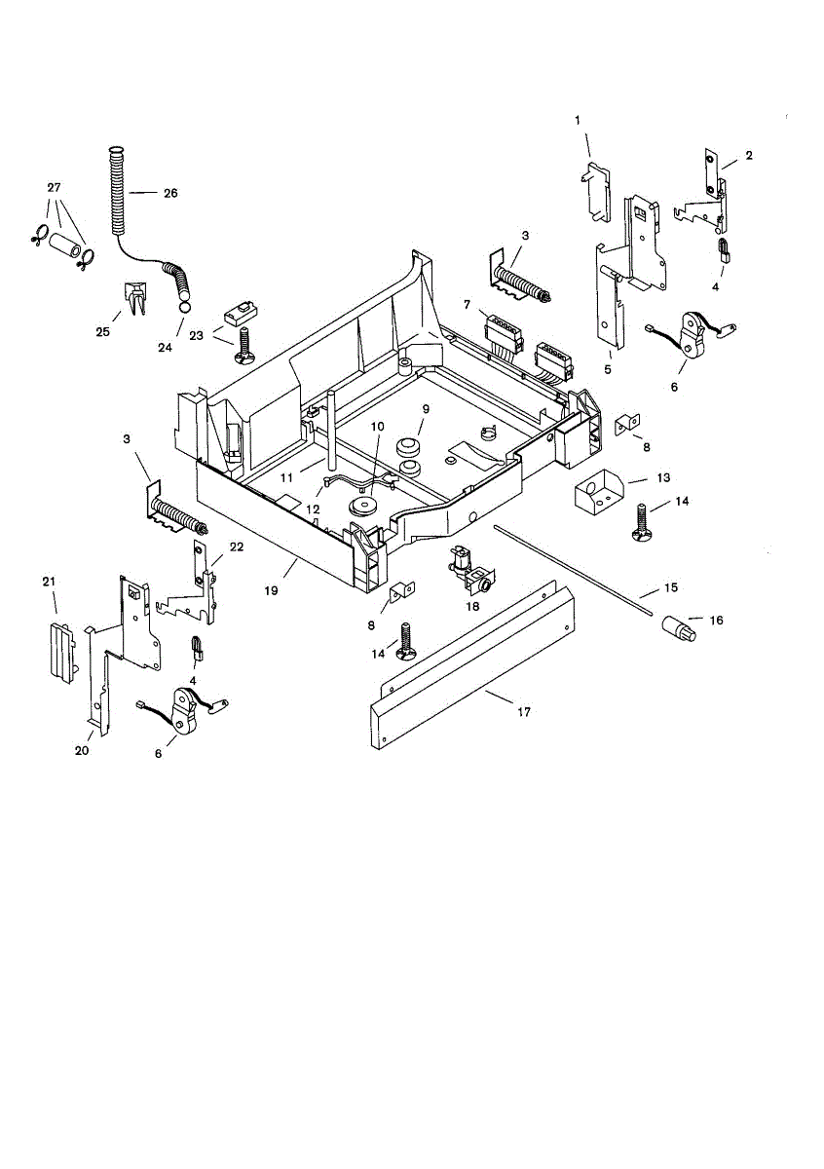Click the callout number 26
pyautogui.click(x=170, y=193)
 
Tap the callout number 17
pyautogui.click(x=523, y=712)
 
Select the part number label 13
pyautogui.click(x=663, y=478)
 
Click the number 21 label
pyautogui.click(x=49, y=582)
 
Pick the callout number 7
pyautogui.click(x=468, y=304)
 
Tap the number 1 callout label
pyautogui.click(x=577, y=120)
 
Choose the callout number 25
pyautogui.click(x=102, y=332)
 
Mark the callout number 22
pyautogui.click(x=236, y=547)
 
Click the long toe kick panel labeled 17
pyautogui.click(x=472, y=672)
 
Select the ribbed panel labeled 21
pyautogui.click(x=61, y=648)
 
